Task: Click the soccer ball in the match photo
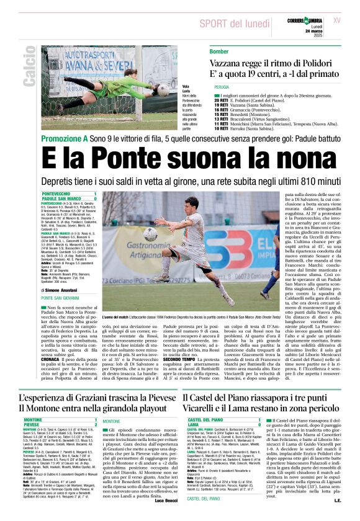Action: point(151,234)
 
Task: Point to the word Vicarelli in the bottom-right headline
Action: point(210,409)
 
